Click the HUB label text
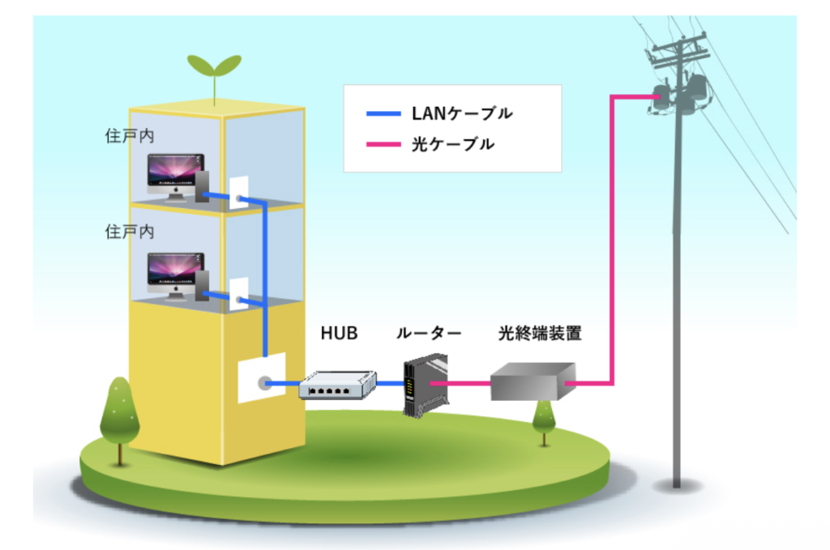coord(340,333)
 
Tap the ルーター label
coord(429,333)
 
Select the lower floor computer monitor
coord(173,273)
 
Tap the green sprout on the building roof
coord(214,72)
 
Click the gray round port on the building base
coord(263,383)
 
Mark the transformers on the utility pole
coord(679,92)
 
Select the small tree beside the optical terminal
coord(543,416)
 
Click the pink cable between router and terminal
coord(462,383)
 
